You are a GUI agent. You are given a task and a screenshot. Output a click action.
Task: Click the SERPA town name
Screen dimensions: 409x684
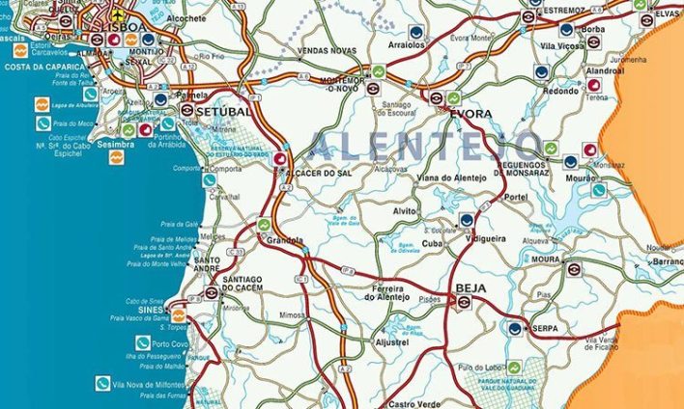pyautogui.click(x=546, y=328)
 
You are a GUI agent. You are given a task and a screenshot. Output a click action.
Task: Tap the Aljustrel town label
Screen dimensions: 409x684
pyautogui.click(x=391, y=342)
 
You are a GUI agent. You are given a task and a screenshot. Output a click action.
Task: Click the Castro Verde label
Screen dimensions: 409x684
pyautogui.click(x=413, y=403)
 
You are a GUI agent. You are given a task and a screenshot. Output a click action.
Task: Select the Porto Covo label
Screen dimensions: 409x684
pyautogui.click(x=171, y=344)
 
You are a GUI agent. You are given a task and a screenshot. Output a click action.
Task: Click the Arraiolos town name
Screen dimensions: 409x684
pyautogui.click(x=406, y=44)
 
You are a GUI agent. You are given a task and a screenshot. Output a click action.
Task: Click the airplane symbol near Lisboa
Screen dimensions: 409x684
pyautogui.click(x=117, y=16)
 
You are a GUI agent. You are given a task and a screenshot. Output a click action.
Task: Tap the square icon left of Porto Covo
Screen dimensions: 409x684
pyautogui.click(x=142, y=342)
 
